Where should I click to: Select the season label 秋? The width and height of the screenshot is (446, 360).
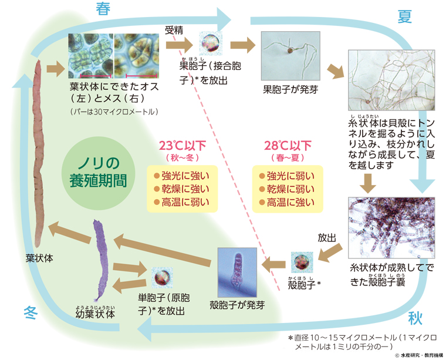click(415, 318)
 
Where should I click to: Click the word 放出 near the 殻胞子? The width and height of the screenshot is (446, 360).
click(326, 238)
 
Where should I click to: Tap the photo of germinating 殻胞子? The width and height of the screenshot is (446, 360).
click(237, 272)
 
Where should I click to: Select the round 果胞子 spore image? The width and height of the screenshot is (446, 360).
click(210, 43)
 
